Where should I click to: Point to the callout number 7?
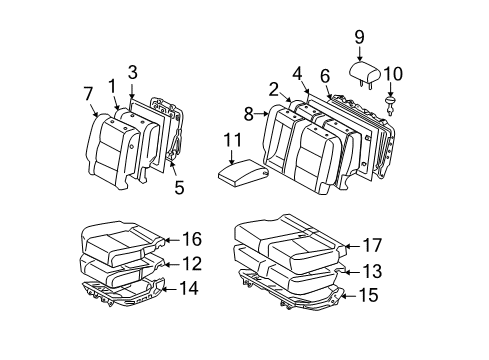click(89, 94)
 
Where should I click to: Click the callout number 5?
click(179, 186)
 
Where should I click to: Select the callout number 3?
click(132, 71)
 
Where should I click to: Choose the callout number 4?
click(297, 73)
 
